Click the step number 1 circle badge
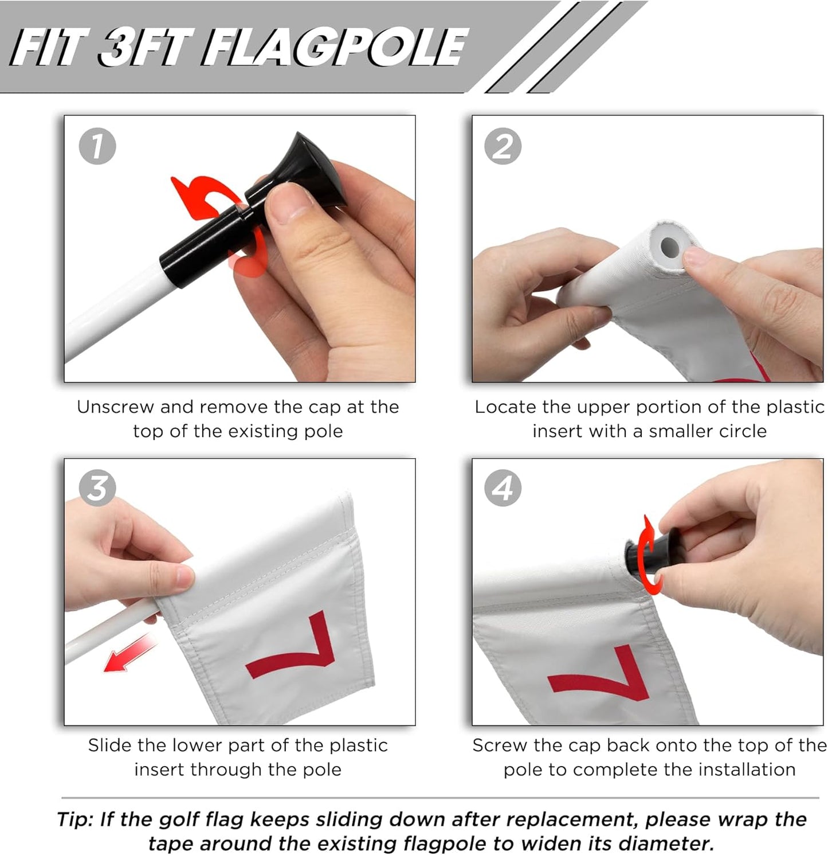tap(97, 146)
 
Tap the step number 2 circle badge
tap(503, 146)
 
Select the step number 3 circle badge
tap(97, 489)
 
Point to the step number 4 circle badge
tap(503, 489)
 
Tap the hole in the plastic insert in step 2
tap(669, 248)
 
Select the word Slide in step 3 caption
tap(110, 745)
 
